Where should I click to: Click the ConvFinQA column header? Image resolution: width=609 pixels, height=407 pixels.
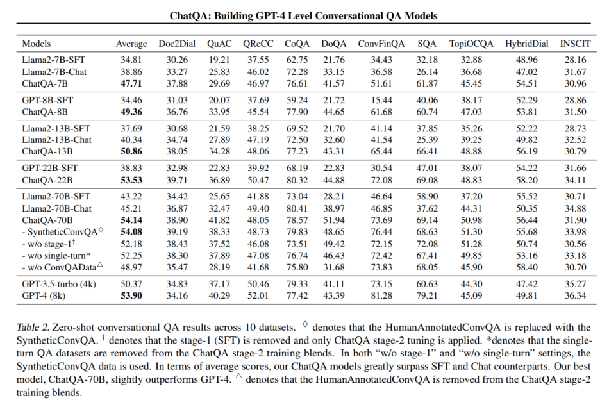(x=381, y=44)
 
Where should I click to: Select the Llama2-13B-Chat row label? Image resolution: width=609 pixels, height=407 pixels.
(x=56, y=140)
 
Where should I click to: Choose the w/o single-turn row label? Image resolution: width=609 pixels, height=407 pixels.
(x=56, y=255)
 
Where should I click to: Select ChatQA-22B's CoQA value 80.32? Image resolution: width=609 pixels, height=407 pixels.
(x=298, y=179)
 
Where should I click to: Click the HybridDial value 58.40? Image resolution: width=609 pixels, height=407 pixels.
(x=527, y=267)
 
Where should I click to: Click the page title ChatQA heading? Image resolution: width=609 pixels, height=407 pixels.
(x=304, y=15)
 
